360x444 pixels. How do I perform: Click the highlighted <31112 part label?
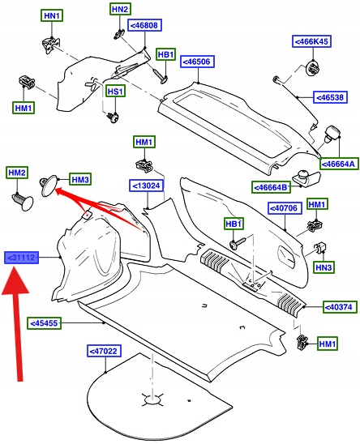coord(21,258)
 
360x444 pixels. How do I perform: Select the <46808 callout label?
coord(144,25)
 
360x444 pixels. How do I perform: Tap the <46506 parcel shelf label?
coord(197,62)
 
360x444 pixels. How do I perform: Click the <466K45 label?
coord(311,41)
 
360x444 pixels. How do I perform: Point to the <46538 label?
coord(330,98)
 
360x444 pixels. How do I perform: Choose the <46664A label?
coord(339,164)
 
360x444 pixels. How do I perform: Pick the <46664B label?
coord(272,187)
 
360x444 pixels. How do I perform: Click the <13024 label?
coord(147,186)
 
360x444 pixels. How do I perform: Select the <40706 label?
coord(285,208)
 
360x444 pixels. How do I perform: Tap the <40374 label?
coord(340,307)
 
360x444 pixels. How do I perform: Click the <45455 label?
coord(45,323)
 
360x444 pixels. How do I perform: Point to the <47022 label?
coord(104,351)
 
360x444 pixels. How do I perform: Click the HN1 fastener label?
coord(52,16)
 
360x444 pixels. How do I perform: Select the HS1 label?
coord(115,92)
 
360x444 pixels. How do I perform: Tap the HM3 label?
coord(80,180)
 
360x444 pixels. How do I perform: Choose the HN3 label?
coord(324,267)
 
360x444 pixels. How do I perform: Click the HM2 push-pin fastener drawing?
coord(23,201)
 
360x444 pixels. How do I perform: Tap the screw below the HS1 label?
coord(114,117)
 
